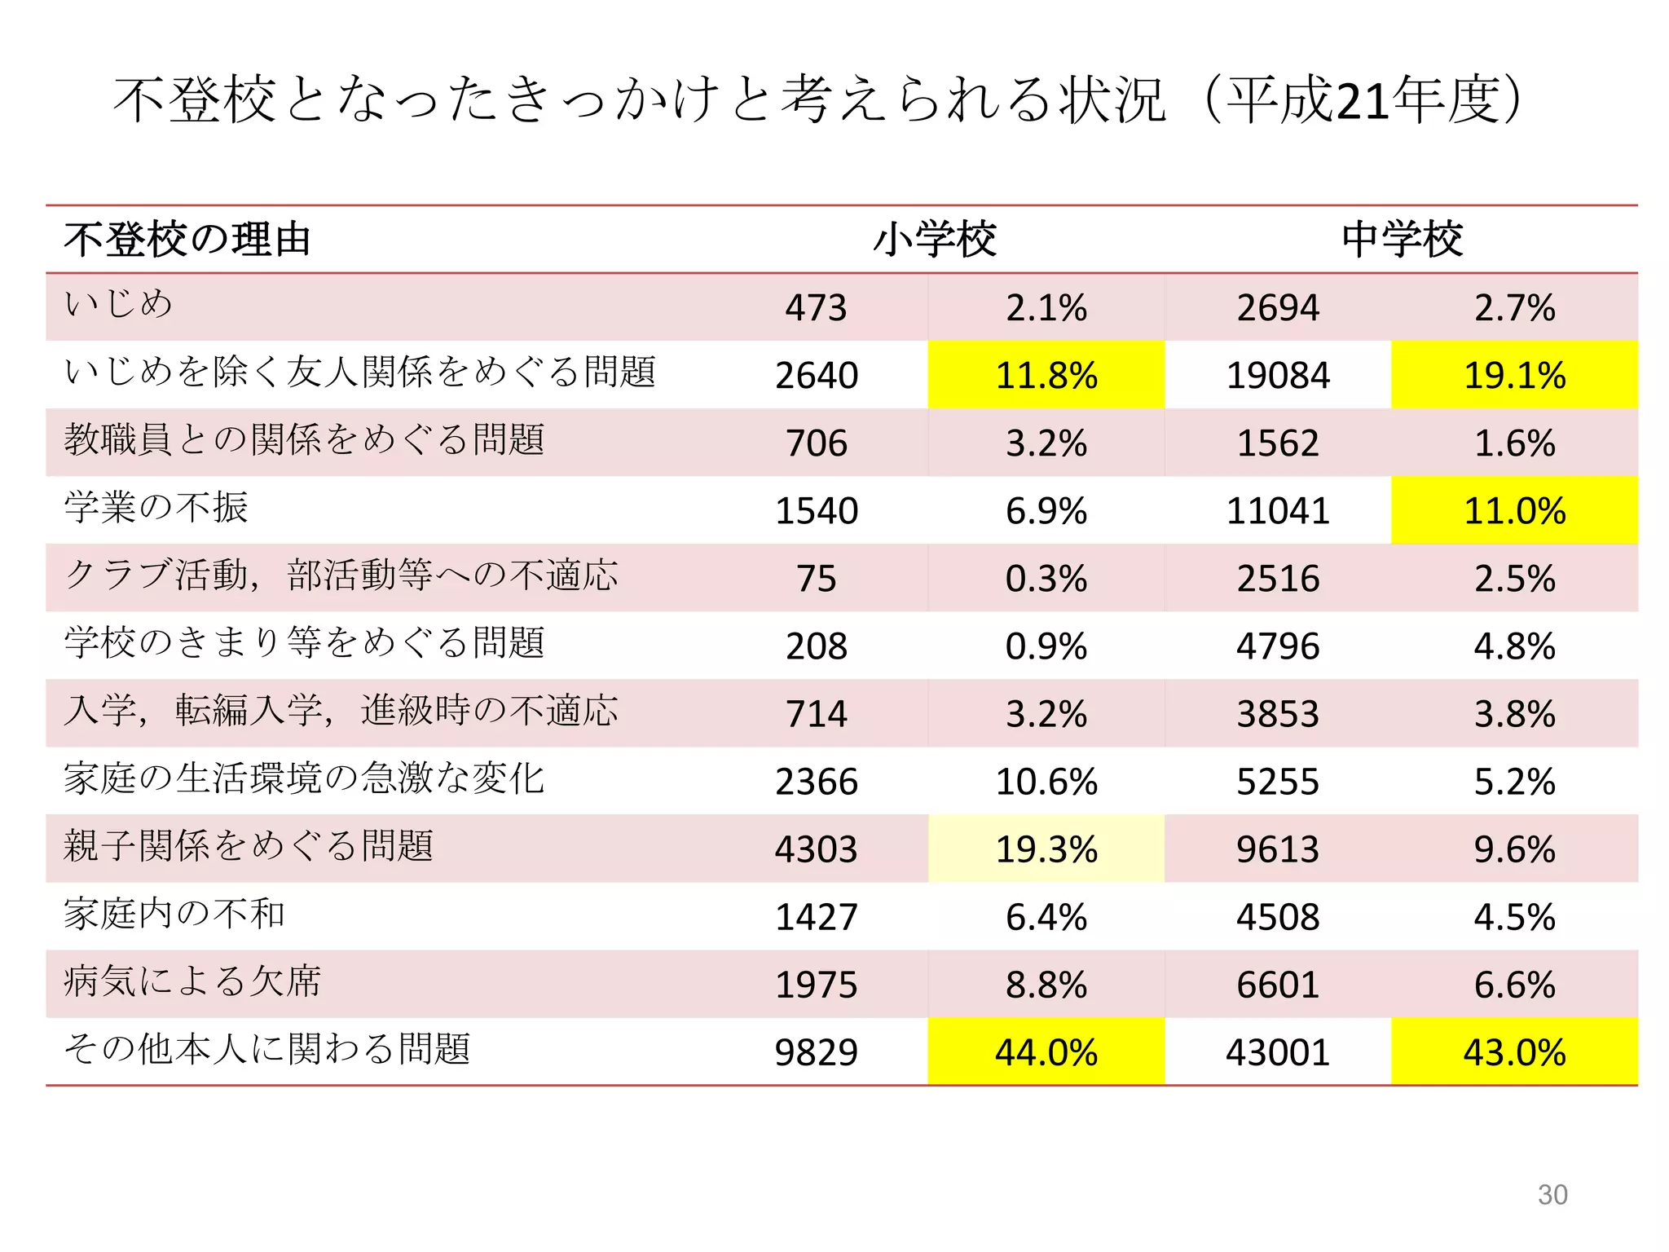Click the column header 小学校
pos(934,240)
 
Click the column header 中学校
pos(1402,240)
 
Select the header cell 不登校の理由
pos(187,240)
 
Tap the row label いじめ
pos(119,304)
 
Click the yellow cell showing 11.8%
pos(1046,375)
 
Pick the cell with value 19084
pos(1277,375)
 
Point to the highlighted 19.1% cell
pos(1514,375)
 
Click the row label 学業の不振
pos(156,507)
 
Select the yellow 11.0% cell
pos(1514,511)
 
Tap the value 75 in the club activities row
pos(816,579)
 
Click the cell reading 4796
pos(1277,646)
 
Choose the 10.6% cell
pos(1046,782)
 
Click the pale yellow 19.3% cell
pos(1046,849)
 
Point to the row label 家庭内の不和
pos(174,913)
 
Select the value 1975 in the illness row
pos(816,985)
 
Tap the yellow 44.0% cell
pos(1046,1052)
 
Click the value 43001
pos(1277,1052)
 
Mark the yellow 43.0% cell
pos(1514,1052)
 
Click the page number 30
pos(1552,1194)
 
